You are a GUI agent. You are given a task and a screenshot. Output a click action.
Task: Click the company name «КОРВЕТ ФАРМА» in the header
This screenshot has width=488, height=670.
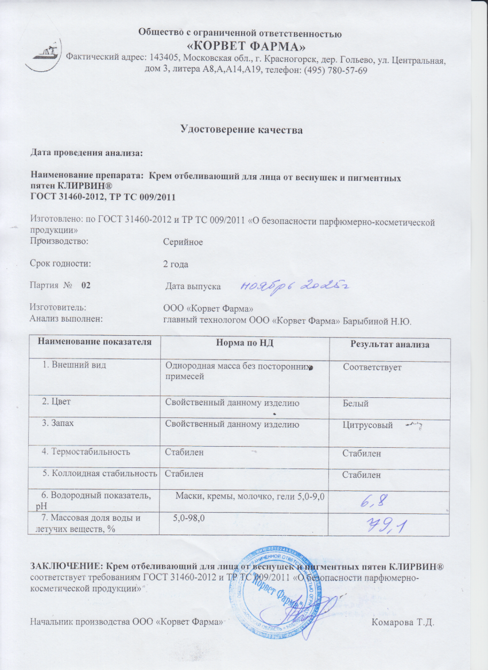point(247,45)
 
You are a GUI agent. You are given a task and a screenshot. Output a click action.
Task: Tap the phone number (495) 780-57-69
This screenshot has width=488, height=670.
point(334,70)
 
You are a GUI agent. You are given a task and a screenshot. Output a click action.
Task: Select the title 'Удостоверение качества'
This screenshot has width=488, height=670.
point(242,130)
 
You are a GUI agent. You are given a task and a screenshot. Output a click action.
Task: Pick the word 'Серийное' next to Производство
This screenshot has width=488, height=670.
point(183,242)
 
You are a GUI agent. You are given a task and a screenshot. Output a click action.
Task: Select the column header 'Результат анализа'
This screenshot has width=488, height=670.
point(390,344)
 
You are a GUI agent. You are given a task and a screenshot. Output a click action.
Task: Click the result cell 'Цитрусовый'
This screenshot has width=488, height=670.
point(367,426)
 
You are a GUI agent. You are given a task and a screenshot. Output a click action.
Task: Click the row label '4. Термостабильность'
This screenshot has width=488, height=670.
point(86,452)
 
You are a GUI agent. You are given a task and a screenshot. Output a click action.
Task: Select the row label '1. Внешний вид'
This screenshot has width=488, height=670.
point(75,365)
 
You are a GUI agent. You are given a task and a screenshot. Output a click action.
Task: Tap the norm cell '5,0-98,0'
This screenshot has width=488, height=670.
point(189,518)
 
